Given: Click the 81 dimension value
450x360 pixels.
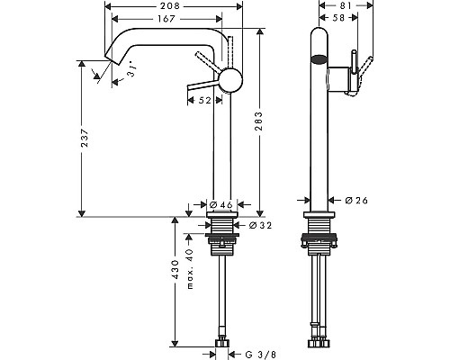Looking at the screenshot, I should [338, 5].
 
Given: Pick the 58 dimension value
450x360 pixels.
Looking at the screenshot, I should [337, 19].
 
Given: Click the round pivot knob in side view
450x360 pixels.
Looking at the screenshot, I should [232, 79].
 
